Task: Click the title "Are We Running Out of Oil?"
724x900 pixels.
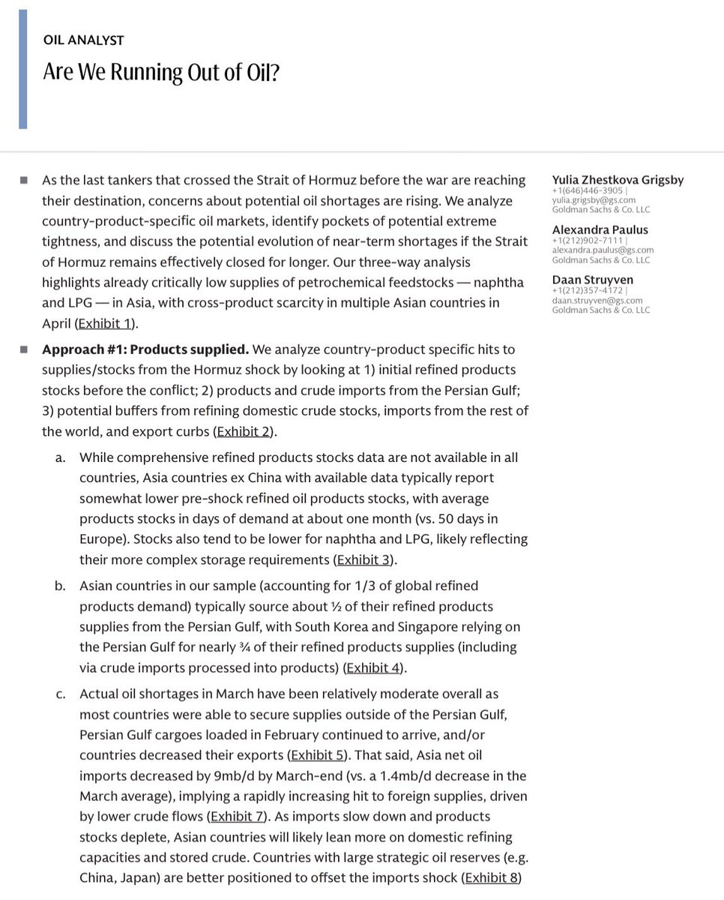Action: [x=160, y=72]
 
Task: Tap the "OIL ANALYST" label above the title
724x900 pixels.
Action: [x=83, y=40]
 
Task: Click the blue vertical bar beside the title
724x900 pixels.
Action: [x=22, y=69]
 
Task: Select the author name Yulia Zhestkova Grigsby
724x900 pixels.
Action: [x=618, y=180]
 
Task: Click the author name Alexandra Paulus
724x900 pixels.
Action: [x=600, y=229]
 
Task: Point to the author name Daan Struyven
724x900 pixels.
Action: [x=593, y=280]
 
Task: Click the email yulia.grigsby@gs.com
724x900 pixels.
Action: [x=594, y=200]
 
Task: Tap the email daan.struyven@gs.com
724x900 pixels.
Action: [x=597, y=300]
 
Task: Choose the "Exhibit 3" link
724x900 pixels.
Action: [x=363, y=559]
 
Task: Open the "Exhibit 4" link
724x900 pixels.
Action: [x=372, y=667]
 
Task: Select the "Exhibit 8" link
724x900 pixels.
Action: [x=491, y=877]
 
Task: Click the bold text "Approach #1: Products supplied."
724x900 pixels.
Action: [x=145, y=349]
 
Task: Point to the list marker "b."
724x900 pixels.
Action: [x=60, y=586]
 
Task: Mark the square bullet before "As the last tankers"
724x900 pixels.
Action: [x=24, y=180]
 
